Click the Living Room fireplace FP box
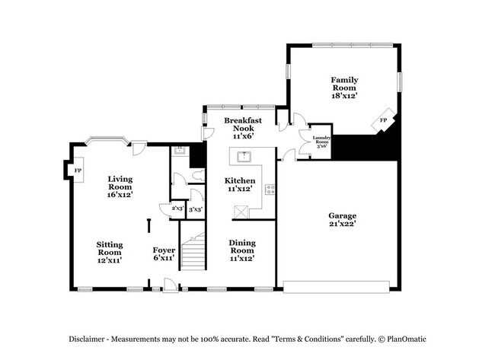(x=77, y=170)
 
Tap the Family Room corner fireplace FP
(x=383, y=120)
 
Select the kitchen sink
(x=244, y=158)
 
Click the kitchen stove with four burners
(x=269, y=190)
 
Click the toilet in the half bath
(x=197, y=176)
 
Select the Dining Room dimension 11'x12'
(x=242, y=259)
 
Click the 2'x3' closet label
(x=177, y=209)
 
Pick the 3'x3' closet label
(x=195, y=209)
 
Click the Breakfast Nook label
(x=243, y=125)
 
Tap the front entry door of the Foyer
(x=169, y=287)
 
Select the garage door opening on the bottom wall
(x=336, y=288)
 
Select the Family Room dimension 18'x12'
(x=343, y=96)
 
